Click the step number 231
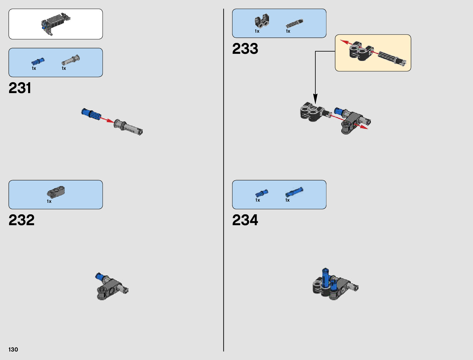pyautogui.click(x=20, y=88)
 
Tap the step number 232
pyautogui.click(x=21, y=220)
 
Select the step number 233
pyautogui.click(x=245, y=49)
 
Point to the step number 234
pyautogui.click(x=245, y=220)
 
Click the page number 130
pyautogui.click(x=13, y=349)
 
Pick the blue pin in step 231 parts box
pyautogui.click(x=38, y=61)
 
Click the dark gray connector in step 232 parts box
pyautogui.click(x=56, y=192)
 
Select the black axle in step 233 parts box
pyautogui.click(x=294, y=23)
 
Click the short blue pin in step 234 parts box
pyautogui.click(x=261, y=193)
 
